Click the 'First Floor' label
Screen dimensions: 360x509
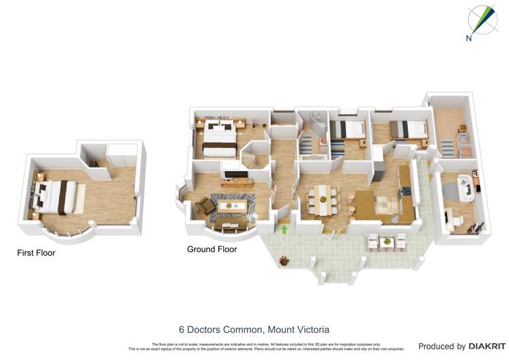pyautogui.click(x=36, y=253)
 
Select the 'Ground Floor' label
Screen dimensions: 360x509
pyautogui.click(x=212, y=249)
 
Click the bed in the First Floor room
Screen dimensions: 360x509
pyautogui.click(x=54, y=196)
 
